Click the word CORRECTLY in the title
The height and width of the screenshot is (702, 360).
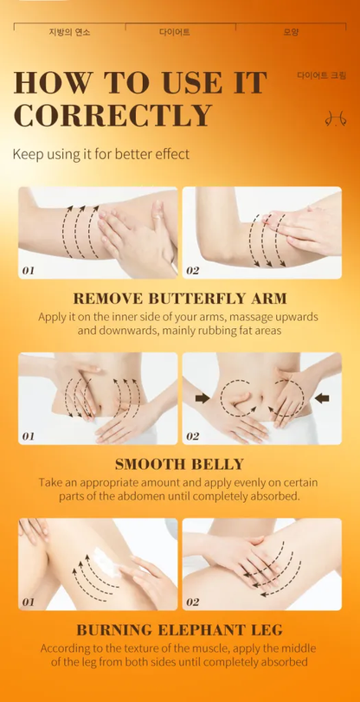pyautogui.click(x=112, y=115)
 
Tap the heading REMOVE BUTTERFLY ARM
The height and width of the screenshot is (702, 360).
pyautogui.click(x=180, y=298)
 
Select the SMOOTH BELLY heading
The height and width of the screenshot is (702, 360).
pyautogui.click(x=179, y=464)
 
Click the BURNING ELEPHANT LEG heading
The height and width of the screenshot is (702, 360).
pyautogui.click(x=179, y=630)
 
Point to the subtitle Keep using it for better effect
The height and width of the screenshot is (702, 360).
pyautogui.click(x=101, y=154)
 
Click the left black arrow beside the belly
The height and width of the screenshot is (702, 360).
pyautogui.click(x=202, y=398)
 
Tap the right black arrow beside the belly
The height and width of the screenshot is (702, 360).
pyautogui.click(x=322, y=397)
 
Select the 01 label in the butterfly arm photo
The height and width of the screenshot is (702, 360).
pyautogui.click(x=28, y=270)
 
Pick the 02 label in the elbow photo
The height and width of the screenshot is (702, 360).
pyautogui.click(x=192, y=270)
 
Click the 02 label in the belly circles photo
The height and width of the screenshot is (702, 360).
pyautogui.click(x=192, y=436)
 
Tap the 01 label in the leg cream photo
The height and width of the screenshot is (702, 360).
pyautogui.click(x=28, y=602)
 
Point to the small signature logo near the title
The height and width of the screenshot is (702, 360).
pyautogui.click(x=336, y=119)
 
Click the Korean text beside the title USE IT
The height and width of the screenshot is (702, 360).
pyautogui.click(x=322, y=74)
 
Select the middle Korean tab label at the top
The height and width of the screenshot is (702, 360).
pyautogui.click(x=175, y=32)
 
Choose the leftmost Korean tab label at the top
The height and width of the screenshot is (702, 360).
pyautogui.click(x=69, y=32)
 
